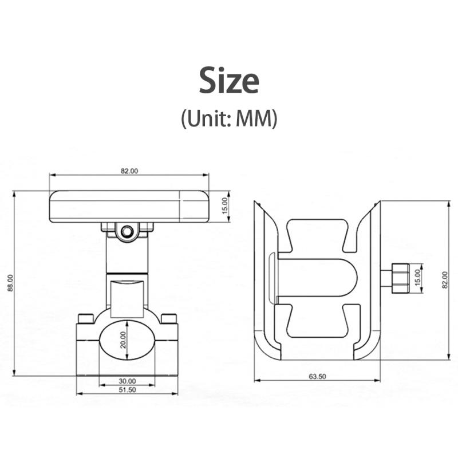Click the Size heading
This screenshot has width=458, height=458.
[229, 80]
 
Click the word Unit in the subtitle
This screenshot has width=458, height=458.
[206, 119]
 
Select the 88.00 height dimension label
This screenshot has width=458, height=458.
[10, 282]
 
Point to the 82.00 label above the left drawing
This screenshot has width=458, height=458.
[129, 171]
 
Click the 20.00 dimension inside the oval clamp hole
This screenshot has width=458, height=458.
[123, 339]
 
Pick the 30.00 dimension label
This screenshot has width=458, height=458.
[127, 381]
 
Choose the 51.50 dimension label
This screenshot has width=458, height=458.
[127, 390]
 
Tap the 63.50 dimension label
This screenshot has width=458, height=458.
[317, 377]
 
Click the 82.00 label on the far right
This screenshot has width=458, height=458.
[445, 280]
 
